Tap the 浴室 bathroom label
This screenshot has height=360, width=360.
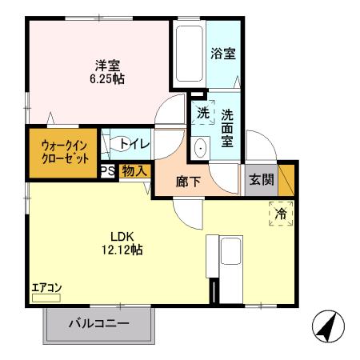[222, 54]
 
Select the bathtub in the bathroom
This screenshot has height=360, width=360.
[187, 54]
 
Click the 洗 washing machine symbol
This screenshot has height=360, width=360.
[203, 113]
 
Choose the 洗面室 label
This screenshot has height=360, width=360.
[228, 126]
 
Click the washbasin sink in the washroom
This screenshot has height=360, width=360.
[201, 147]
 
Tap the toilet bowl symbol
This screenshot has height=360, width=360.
[122, 144]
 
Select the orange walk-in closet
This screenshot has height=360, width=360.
[62, 151]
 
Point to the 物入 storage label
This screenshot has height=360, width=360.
[134, 171]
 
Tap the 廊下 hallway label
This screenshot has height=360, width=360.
[190, 181]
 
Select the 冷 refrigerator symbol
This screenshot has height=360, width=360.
[281, 214]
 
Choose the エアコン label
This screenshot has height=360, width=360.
[46, 288]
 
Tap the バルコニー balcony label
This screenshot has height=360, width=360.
[98, 325]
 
